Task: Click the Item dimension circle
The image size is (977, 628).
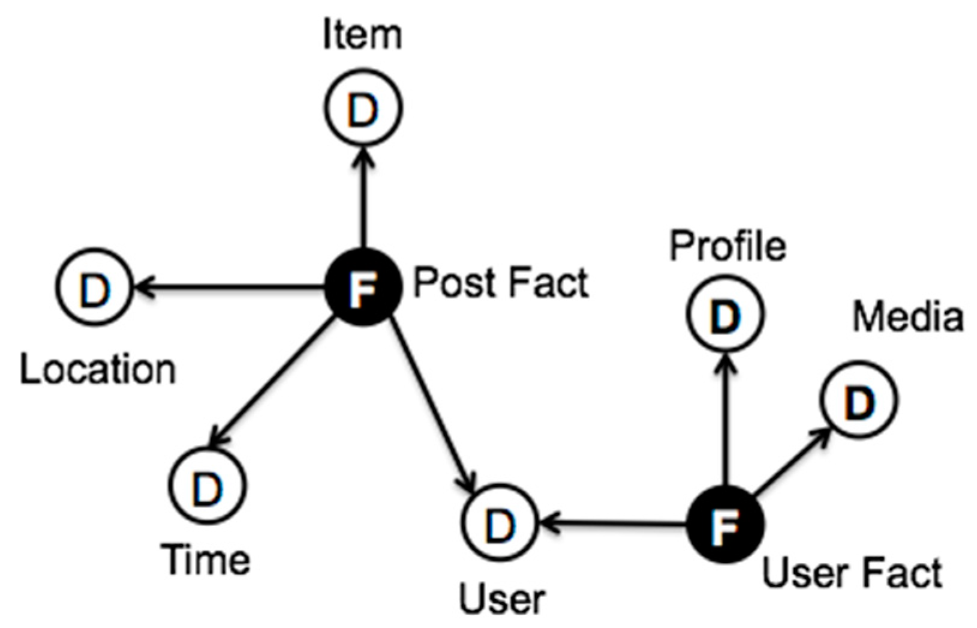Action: pyautogui.click(x=363, y=108)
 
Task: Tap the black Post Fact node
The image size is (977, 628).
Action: pyautogui.click(x=363, y=287)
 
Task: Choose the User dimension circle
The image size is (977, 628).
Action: pyautogui.click(x=500, y=523)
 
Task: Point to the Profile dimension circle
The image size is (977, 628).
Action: pyautogui.click(x=725, y=313)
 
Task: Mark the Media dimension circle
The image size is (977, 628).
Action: pyautogui.click(x=858, y=400)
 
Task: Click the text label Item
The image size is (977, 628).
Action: pyautogui.click(x=362, y=35)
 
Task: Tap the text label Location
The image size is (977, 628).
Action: pyautogui.click(x=98, y=369)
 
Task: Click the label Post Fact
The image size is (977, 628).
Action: pyautogui.click(x=501, y=283)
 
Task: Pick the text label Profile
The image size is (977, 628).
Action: pyautogui.click(x=727, y=246)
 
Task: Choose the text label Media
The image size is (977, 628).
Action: pyautogui.click(x=907, y=316)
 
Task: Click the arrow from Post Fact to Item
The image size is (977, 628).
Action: pyautogui.click(x=363, y=198)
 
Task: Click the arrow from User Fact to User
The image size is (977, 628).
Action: pyautogui.click(x=612, y=524)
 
